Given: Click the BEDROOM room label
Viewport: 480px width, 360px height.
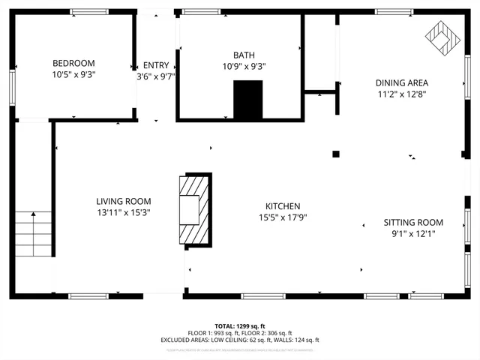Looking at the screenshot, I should coord(73,63).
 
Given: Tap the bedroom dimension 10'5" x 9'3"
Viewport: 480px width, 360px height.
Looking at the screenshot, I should coord(73,74).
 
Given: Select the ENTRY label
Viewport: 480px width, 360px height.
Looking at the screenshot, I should coord(156,65).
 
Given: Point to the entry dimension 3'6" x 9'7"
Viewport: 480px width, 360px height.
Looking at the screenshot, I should coord(156,76).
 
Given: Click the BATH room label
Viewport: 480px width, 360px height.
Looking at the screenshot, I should coord(244,55).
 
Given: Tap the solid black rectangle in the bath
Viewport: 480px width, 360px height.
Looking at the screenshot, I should coord(248,100).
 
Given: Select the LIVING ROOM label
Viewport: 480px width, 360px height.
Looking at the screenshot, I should coord(123,201).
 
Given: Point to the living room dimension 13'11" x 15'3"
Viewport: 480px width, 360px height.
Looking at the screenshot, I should coord(123,212).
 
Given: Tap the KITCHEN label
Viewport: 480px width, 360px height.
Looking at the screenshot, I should coord(283,206).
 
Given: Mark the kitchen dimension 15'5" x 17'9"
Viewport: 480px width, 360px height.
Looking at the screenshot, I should coord(283,217).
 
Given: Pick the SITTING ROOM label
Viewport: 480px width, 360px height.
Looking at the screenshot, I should coord(413,223).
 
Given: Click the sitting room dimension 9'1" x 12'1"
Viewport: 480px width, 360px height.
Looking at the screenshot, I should coord(413,233).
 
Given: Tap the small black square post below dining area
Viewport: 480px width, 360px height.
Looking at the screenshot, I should coord(336,154).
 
